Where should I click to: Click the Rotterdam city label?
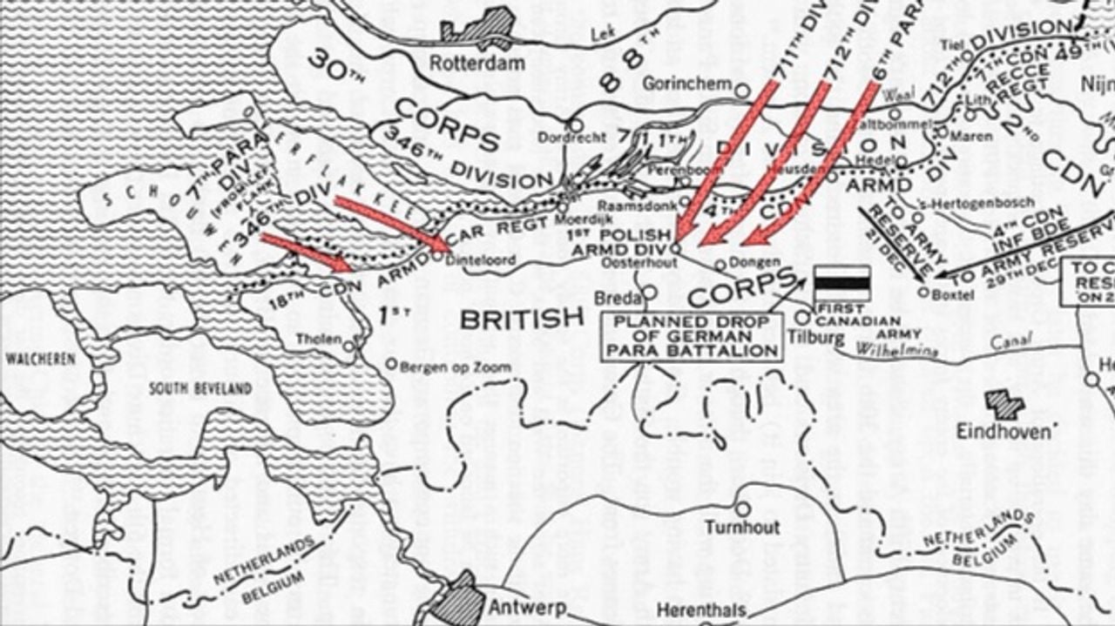coord(477,63)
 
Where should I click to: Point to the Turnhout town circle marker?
coord(742,508)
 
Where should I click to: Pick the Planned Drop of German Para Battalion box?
coord(692,337)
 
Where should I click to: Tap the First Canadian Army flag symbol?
coord(841,283)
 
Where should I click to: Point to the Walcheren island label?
coord(37,358)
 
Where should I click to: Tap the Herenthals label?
coord(701,610)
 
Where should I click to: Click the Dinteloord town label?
coord(480,259)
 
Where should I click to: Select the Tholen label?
coord(318,339)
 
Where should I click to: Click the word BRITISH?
coord(521,320)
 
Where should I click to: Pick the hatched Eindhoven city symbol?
coord(1004,404)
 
